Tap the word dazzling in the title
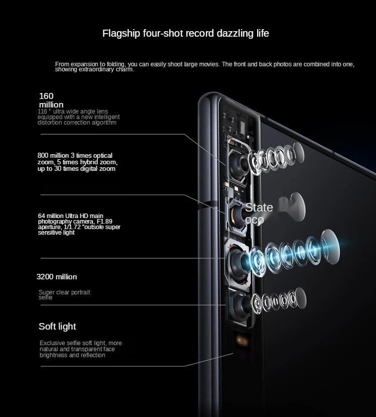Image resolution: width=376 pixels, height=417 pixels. pos(231,34)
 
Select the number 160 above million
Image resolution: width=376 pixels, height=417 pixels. pos(46,96)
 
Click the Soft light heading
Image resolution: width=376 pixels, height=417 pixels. pos(57,327)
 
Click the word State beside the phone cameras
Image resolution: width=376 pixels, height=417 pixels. pos(259,207)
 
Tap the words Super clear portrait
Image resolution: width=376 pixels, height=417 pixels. pos(64,292)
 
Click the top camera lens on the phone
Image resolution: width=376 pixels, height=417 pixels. pos(239,164)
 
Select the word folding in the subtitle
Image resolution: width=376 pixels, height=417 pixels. pos(114,64)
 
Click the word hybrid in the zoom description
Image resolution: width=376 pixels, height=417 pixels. pos(83,162)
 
